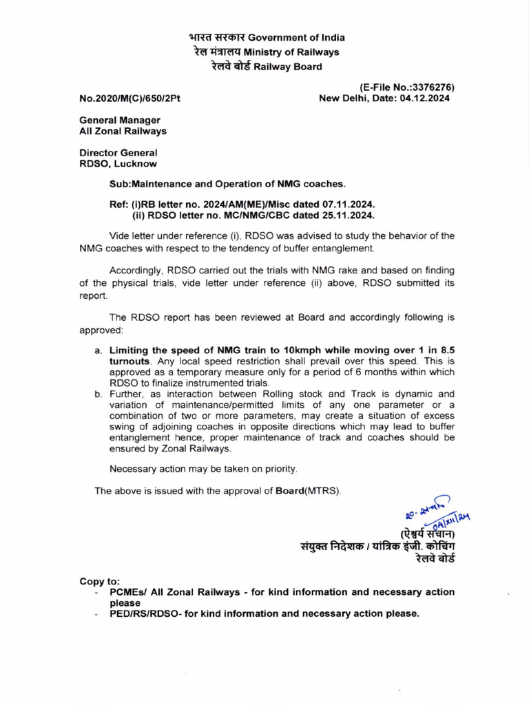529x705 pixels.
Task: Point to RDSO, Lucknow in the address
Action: tap(118, 164)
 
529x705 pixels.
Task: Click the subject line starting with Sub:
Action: tap(228, 185)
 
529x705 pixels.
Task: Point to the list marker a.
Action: tap(98, 350)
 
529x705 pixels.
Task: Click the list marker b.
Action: tap(98, 394)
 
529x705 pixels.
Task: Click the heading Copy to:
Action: tap(100, 581)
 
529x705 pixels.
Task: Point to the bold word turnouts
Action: tap(129, 361)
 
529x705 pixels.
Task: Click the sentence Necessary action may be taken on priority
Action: tap(204, 469)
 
